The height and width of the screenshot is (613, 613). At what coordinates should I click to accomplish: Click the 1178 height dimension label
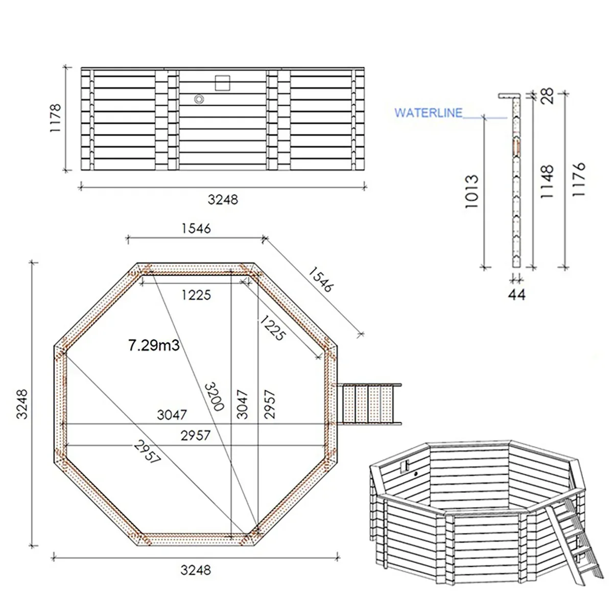tap(55, 119)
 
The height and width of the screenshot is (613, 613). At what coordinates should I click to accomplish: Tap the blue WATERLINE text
tap(428, 112)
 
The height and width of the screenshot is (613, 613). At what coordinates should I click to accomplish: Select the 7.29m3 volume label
tap(154, 346)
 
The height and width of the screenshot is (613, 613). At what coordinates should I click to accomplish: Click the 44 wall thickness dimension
tap(517, 294)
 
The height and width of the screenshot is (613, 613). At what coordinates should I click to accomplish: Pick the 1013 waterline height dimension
tap(471, 191)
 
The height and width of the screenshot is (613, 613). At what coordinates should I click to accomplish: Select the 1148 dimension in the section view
tap(546, 182)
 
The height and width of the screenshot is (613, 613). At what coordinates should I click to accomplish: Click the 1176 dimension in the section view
tap(578, 180)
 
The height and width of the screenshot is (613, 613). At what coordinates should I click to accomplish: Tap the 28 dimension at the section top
tap(547, 96)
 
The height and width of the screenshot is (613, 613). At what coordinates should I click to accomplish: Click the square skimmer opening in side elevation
tap(223, 83)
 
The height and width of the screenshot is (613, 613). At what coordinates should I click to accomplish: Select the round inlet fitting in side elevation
tap(199, 99)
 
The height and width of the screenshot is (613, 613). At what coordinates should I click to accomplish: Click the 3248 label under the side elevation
tap(223, 199)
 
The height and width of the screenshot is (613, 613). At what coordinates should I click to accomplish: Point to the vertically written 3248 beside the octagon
tap(21, 404)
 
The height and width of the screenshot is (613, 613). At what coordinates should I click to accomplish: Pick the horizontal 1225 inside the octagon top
tap(196, 295)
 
